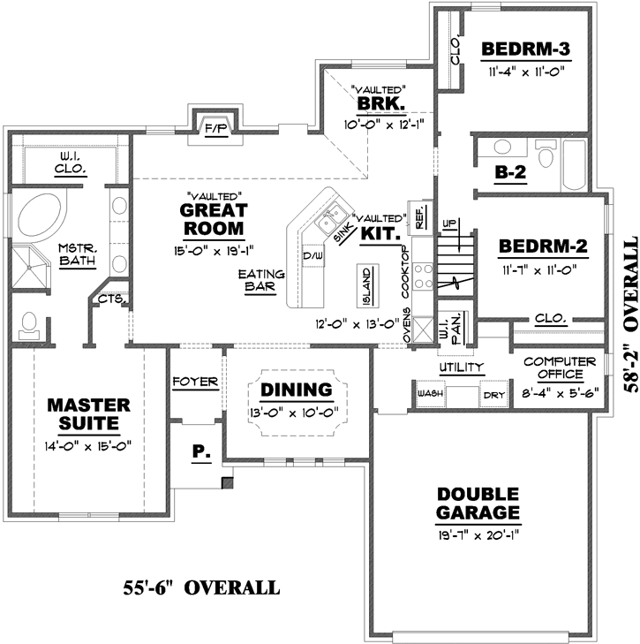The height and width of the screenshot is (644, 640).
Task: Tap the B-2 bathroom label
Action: click(x=510, y=174)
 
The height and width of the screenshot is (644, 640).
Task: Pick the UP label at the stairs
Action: click(x=448, y=222)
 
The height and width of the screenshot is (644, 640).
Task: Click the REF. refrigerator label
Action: click(x=418, y=214)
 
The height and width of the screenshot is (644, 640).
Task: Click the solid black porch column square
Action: click(x=228, y=483)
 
